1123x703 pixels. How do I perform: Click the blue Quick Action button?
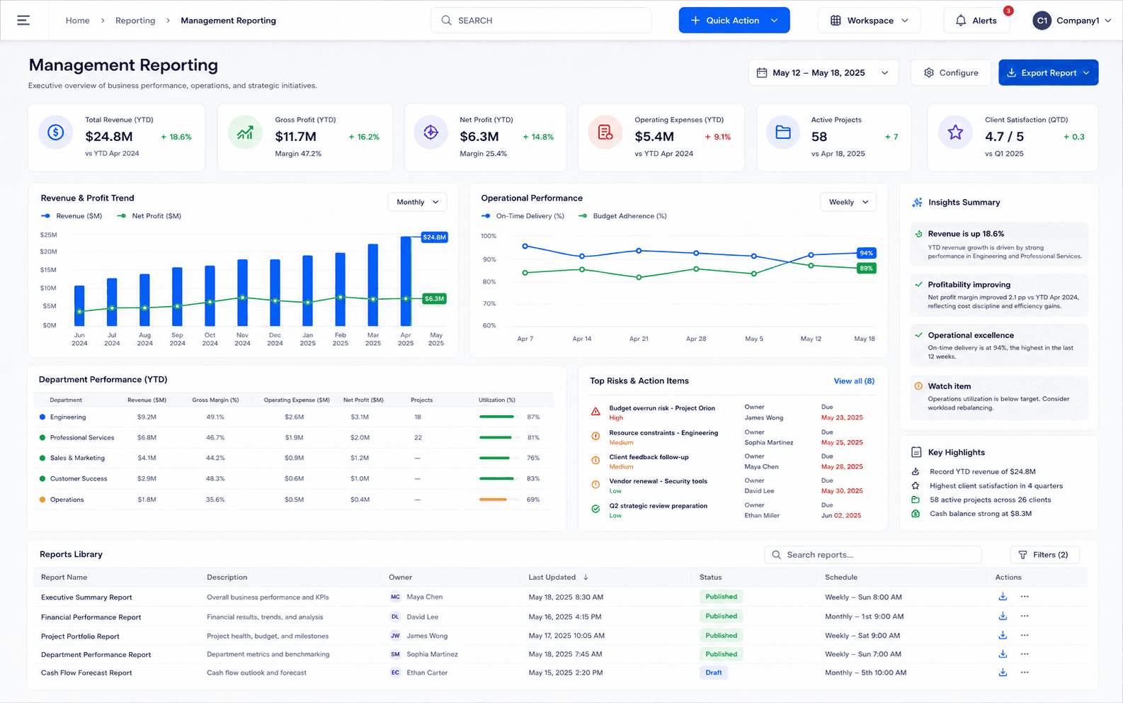pyautogui.click(x=734, y=21)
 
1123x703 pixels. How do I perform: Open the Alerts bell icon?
pyautogui.click(x=961, y=21)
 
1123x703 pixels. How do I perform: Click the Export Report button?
pyautogui.click(x=1049, y=73)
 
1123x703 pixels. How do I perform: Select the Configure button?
pyautogui.click(x=951, y=73)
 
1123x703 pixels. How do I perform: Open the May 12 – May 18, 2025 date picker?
pyautogui.click(x=823, y=73)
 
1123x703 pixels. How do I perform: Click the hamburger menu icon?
pyautogui.click(x=23, y=20)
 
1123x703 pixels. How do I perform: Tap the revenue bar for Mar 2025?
pyautogui.click(x=373, y=285)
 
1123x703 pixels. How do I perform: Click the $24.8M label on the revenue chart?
pyautogui.click(x=434, y=237)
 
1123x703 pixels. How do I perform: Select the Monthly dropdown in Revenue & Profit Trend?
pyautogui.click(x=417, y=202)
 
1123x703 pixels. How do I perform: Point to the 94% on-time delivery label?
pyautogui.click(x=866, y=253)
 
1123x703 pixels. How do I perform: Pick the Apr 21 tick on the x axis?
pyautogui.click(x=639, y=339)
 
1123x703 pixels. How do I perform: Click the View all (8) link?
pyautogui.click(x=854, y=381)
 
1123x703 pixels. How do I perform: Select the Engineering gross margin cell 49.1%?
pyautogui.click(x=215, y=417)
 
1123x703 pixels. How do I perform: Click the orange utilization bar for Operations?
pyautogui.click(x=493, y=500)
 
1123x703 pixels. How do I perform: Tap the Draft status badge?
pyautogui.click(x=714, y=673)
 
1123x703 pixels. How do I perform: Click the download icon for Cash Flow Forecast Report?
pyautogui.click(x=1003, y=673)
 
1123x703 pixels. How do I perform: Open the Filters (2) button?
pyautogui.click(x=1045, y=554)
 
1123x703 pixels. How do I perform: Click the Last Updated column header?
pyautogui.click(x=552, y=577)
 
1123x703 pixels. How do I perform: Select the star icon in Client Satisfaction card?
pyautogui.click(x=955, y=133)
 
